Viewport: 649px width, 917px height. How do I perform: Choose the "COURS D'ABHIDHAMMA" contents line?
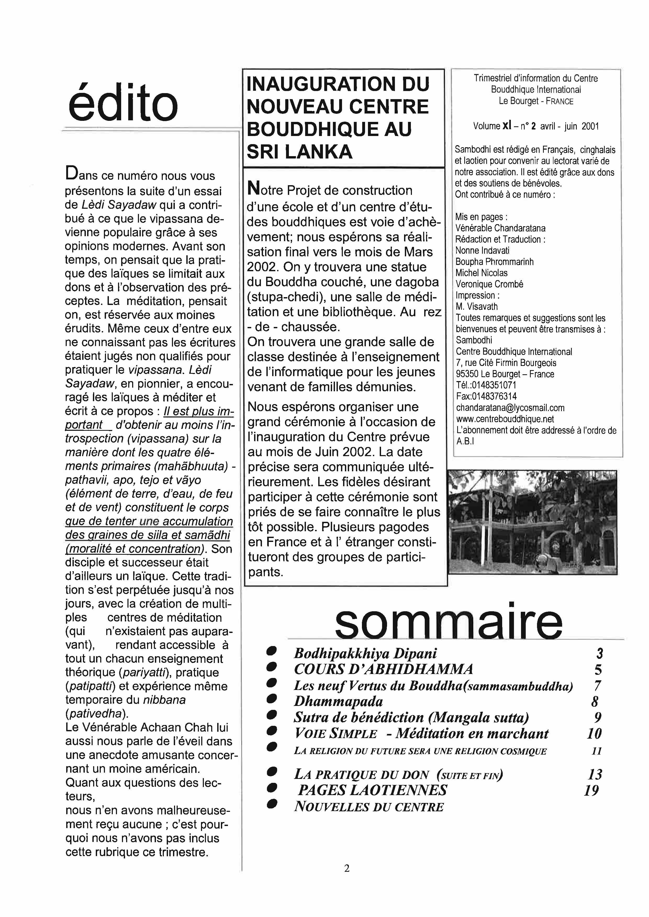(383, 669)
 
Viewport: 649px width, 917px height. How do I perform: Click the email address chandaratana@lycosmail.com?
(510, 408)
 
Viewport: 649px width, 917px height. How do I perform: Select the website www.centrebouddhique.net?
(505, 419)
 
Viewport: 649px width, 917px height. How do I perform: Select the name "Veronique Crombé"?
(489, 284)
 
